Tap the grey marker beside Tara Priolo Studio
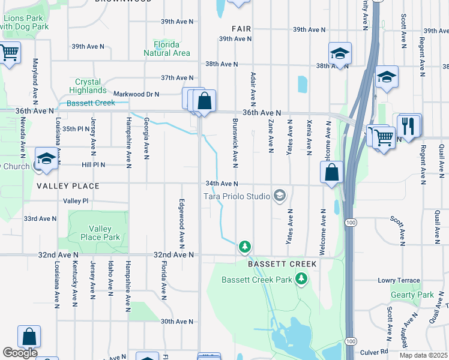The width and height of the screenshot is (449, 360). click(x=279, y=195)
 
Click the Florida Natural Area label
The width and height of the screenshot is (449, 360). click(x=167, y=49)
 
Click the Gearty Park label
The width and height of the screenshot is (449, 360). click(x=412, y=295)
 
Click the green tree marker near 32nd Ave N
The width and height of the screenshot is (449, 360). click(x=244, y=246)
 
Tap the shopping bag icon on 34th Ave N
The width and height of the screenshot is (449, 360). click(x=331, y=173)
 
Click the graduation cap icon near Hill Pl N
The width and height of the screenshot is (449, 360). click(x=46, y=159)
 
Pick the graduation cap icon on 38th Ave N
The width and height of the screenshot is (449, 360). click(x=340, y=53)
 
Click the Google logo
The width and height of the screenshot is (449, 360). click(x=20, y=353)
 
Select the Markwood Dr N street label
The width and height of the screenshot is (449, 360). click(x=136, y=94)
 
